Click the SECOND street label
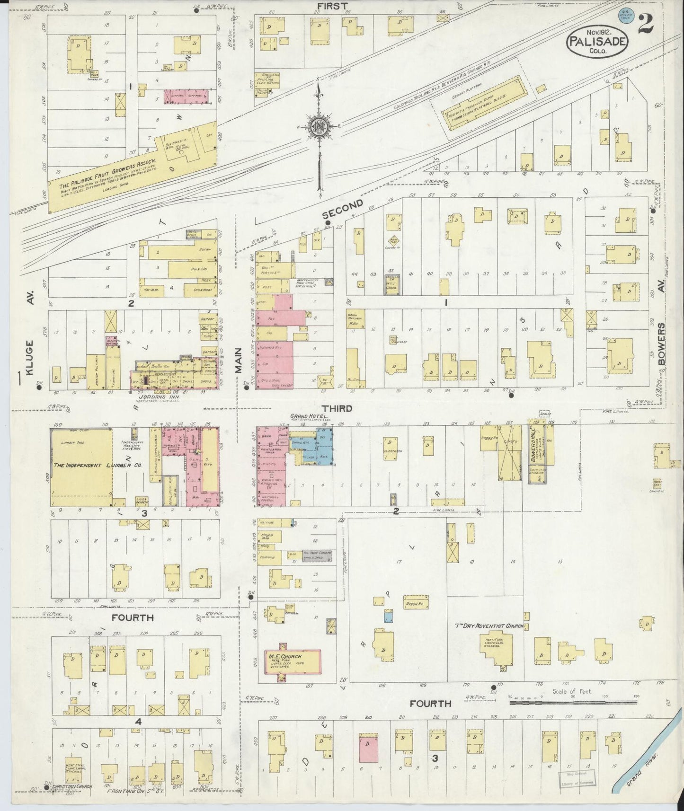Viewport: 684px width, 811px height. tap(343, 209)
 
